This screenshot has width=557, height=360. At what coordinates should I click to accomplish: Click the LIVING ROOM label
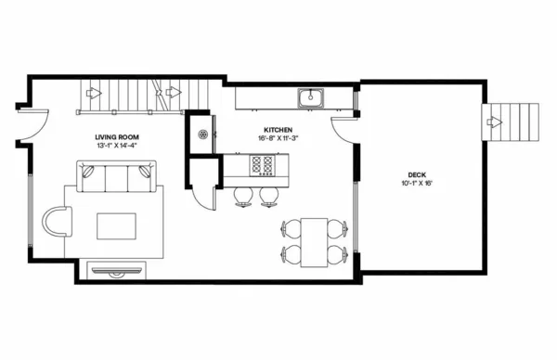[116, 135]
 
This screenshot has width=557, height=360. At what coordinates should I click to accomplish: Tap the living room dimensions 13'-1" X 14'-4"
[116, 145]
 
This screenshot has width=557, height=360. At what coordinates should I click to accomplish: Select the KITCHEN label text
[278, 129]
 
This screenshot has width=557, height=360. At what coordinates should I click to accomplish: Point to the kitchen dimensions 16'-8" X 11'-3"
[278, 138]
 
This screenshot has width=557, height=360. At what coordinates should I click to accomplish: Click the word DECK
[417, 174]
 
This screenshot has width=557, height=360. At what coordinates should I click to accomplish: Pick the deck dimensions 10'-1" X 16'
[417, 183]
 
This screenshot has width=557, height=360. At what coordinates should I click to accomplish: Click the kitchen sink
[310, 96]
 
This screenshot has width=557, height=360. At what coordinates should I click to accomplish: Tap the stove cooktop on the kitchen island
[264, 165]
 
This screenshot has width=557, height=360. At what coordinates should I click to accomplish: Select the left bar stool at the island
[243, 195]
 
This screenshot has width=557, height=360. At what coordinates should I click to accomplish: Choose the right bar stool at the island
[268, 195]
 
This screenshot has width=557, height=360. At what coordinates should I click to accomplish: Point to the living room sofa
[116, 175]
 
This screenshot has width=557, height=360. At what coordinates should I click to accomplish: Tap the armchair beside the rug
[58, 223]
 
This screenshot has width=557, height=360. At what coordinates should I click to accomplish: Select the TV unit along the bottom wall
[117, 271]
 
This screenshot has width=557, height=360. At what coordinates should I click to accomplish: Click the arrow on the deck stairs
[495, 122]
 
